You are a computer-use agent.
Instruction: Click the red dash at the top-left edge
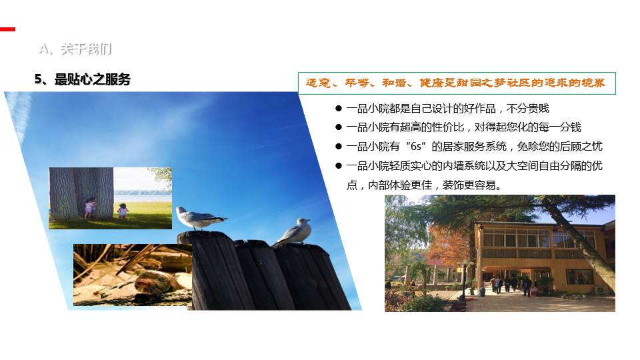[7, 29]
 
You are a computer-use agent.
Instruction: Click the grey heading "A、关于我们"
[75, 49]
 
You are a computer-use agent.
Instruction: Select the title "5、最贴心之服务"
[83, 79]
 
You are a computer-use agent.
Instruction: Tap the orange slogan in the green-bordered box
[455, 83]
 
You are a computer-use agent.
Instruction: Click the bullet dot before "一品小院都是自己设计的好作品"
[339, 109]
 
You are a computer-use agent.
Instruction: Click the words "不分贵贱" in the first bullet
[528, 109]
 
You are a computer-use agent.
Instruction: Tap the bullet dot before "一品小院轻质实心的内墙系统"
[339, 166]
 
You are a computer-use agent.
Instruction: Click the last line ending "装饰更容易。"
[424, 185]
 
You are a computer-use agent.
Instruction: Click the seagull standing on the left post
[199, 218]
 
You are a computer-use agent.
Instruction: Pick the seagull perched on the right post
[294, 232]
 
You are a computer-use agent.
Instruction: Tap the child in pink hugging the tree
[89, 207]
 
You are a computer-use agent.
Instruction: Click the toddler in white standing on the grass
[123, 211]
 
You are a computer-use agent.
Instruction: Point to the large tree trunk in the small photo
[81, 193]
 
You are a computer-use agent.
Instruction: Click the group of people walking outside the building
[510, 285]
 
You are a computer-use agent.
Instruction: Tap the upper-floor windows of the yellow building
[516, 238]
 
